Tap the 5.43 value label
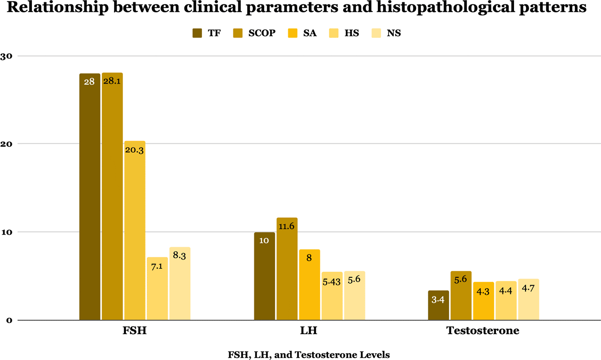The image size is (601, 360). click(331, 282)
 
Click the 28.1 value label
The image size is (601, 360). click(112, 81)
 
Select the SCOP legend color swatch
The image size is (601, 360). click(238, 33)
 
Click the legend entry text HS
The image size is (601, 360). click(352, 33)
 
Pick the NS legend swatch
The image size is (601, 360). click(376, 33)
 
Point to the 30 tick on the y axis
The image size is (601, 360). click(6, 56)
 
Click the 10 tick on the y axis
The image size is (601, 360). click(6, 232)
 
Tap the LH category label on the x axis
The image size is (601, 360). click(309, 331)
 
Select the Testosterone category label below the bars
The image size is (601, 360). click(483, 331)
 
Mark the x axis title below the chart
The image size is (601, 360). click(308, 354)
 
